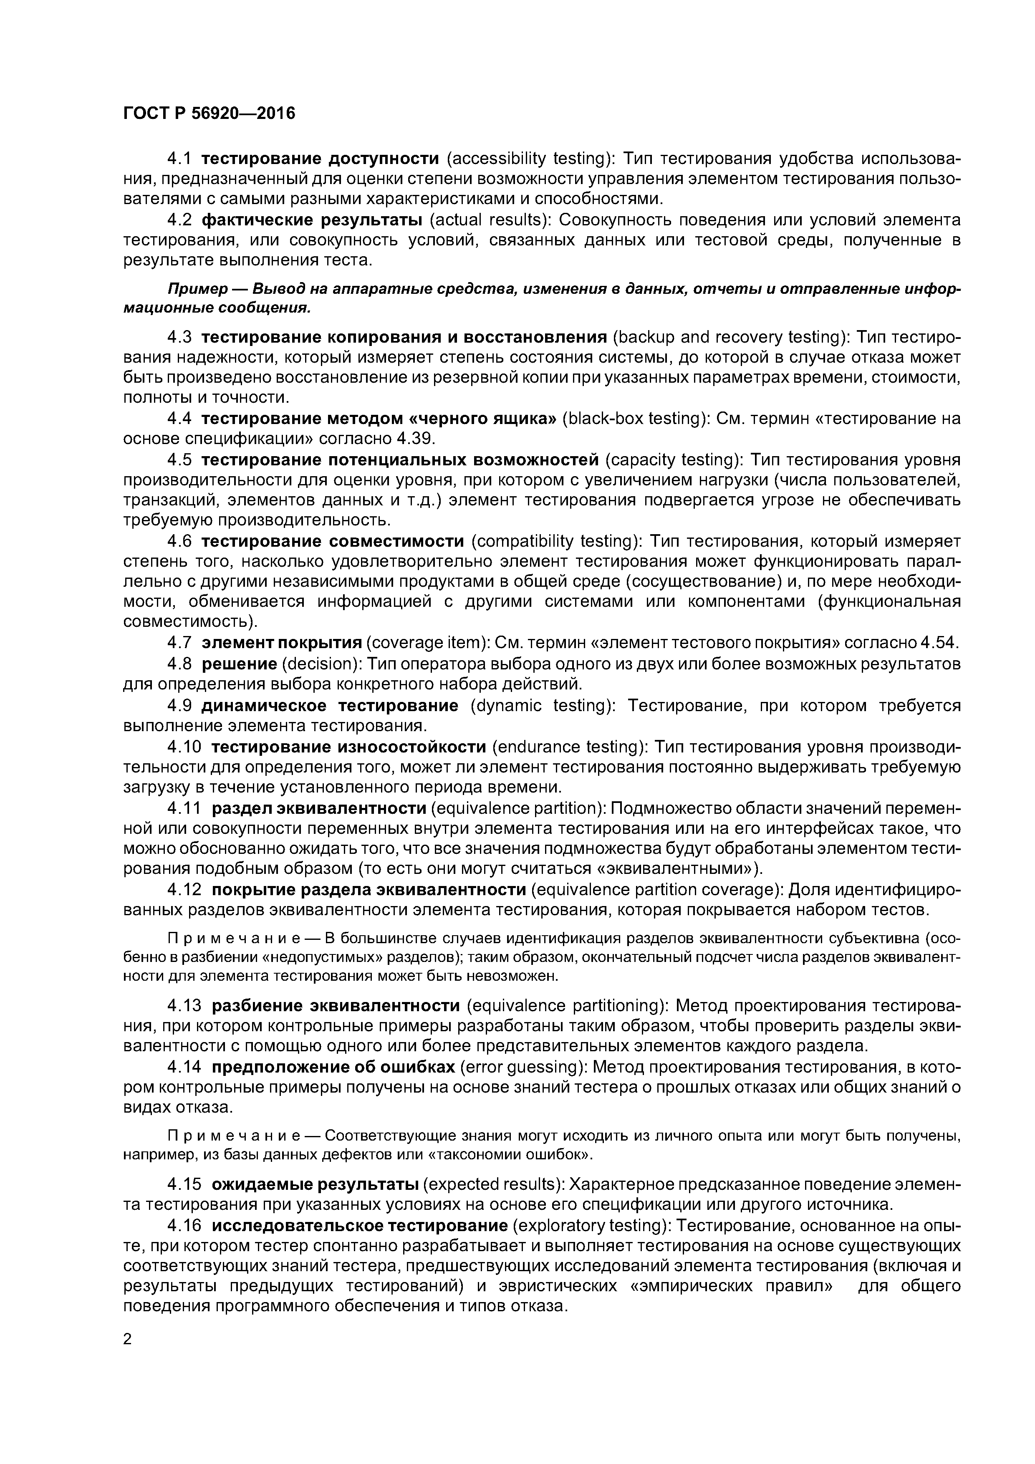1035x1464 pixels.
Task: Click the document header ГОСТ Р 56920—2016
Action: point(209,114)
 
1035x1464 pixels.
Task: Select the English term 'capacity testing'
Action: point(674,460)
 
